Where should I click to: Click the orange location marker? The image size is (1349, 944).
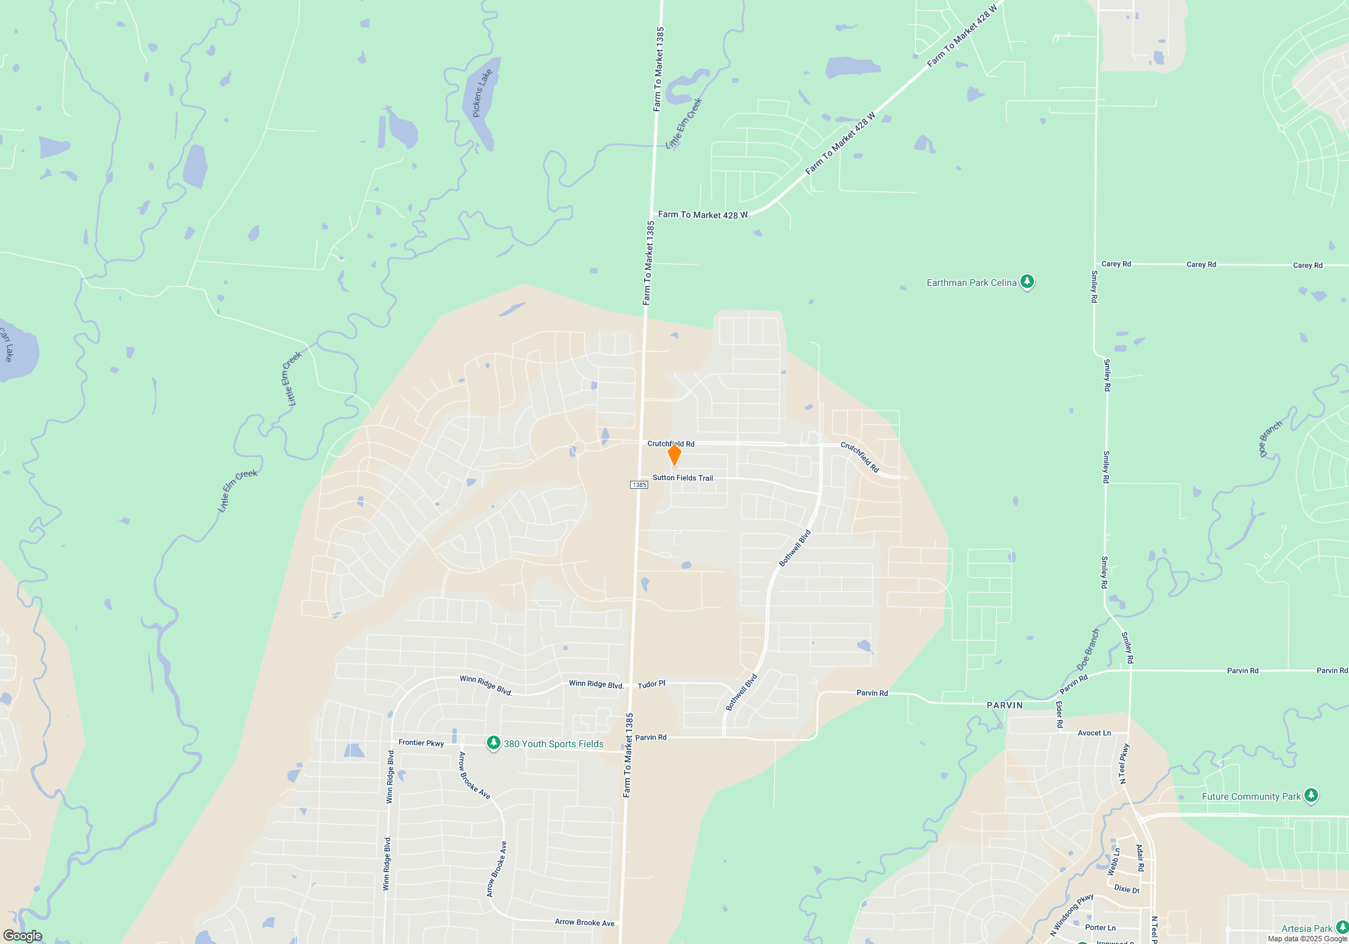(674, 455)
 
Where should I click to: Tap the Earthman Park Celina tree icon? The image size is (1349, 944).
(1027, 281)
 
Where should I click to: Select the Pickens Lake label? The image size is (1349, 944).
(482, 93)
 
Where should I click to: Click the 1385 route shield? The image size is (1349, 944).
(639, 485)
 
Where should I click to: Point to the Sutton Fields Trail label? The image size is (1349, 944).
(683, 478)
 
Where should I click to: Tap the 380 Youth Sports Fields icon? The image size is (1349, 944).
(494, 743)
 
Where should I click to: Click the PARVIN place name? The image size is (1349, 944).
(1004, 705)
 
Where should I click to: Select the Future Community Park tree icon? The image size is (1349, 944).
(1311, 796)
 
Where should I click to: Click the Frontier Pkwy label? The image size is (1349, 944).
(421, 743)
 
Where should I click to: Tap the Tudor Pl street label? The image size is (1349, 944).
(652, 684)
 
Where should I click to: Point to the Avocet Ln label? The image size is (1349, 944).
(1094, 733)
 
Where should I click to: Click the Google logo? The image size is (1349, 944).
(22, 936)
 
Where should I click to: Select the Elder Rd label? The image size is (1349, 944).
(1059, 715)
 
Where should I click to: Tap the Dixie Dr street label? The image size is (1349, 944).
(1126, 889)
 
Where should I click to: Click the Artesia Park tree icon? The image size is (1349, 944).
(1342, 928)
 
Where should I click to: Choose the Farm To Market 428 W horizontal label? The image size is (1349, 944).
(703, 215)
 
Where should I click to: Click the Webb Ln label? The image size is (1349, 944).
(1113, 862)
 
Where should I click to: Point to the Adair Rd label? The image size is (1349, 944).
(1140, 858)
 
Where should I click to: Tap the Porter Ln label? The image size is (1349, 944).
(1100, 928)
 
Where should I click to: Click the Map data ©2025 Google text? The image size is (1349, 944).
(1307, 939)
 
